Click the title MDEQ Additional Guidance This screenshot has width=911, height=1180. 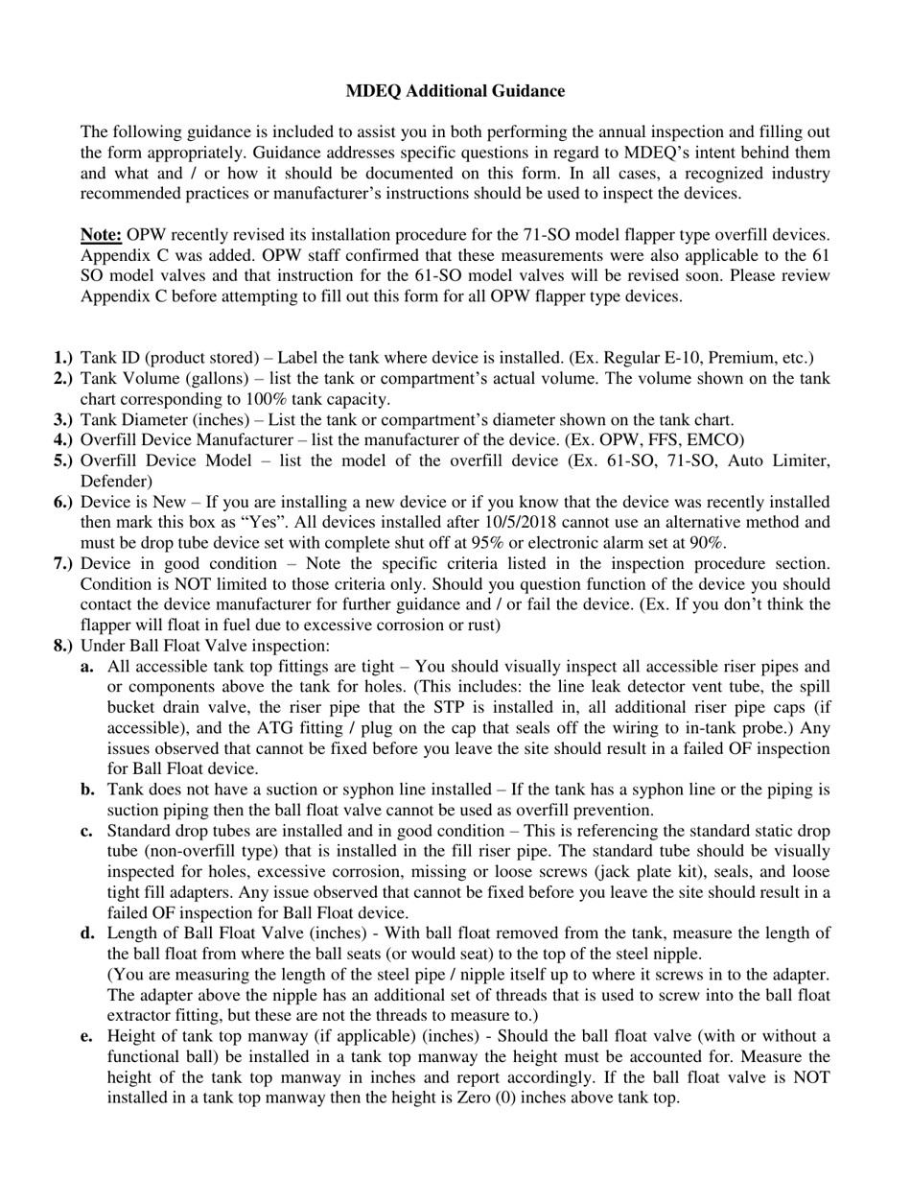pos(455,91)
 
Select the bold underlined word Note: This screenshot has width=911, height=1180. pos(102,235)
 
